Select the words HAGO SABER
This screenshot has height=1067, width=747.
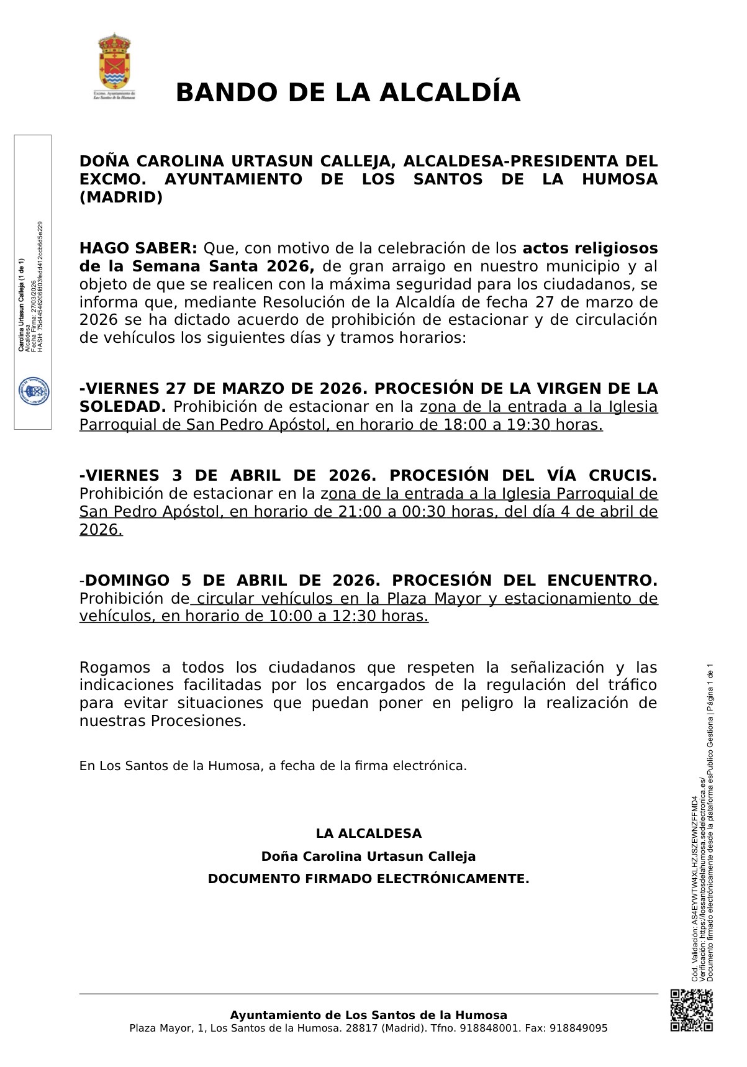pos(138,248)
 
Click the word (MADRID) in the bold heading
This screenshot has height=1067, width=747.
pos(121,198)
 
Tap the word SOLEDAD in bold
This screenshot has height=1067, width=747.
pos(121,407)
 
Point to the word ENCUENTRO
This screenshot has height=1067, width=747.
pos(601,581)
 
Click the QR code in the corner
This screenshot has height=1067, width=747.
pos(691,1010)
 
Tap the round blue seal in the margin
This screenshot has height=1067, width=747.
pos(33,392)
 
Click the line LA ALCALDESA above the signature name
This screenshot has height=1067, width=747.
pos(368,833)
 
